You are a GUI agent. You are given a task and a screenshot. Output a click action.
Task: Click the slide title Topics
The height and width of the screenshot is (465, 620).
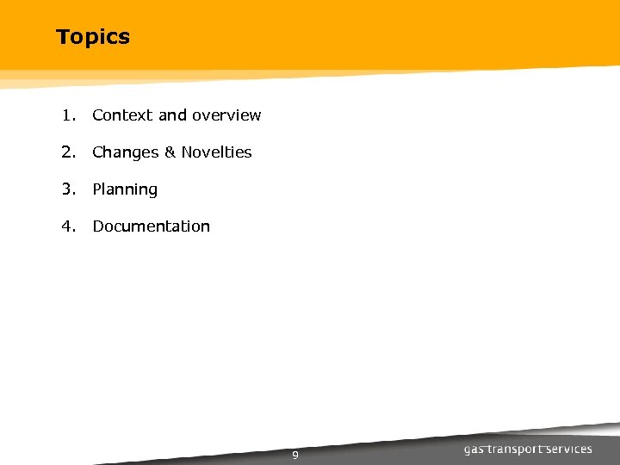coord(93,37)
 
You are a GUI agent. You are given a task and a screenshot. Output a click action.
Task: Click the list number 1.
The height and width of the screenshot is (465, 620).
coord(67,115)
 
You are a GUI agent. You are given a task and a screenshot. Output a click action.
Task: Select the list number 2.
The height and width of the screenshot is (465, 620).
coord(67,152)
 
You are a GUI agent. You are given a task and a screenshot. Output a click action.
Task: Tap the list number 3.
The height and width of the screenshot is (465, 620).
coord(67,189)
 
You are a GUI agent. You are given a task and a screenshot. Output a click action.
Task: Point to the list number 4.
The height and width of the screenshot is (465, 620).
coord(67,226)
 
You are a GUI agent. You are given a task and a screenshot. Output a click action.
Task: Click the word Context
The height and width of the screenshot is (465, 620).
coord(123,115)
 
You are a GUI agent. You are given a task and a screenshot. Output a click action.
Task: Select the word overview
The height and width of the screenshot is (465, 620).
coord(226,115)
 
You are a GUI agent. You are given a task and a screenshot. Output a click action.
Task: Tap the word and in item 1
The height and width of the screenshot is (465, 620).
coord(172,115)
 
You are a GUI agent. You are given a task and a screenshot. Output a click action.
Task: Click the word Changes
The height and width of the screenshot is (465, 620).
coord(126,152)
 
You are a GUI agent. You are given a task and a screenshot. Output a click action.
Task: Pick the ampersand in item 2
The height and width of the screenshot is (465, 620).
coord(170,152)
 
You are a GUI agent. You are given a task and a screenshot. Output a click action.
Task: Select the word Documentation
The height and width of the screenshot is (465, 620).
coord(152,226)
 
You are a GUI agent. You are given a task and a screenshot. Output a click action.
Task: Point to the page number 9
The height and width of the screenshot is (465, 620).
coord(294,456)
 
